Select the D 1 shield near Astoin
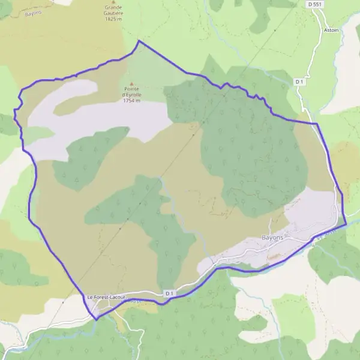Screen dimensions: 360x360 click(300, 80)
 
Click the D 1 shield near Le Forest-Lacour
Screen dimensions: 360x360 click(169, 293)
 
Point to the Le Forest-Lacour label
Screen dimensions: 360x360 click(105, 297)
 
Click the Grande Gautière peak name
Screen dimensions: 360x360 click(113, 12)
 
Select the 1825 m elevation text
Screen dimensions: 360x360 click(113, 19)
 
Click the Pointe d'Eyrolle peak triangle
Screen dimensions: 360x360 click(131, 85)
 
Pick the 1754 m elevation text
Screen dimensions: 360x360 click(131, 101)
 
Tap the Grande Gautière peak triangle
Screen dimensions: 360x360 click(114, 2)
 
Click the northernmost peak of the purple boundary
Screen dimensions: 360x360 click(139, 40)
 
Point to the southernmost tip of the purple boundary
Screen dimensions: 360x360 click(96, 320)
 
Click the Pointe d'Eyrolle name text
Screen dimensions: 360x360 click(131, 92)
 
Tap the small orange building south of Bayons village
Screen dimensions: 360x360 click(273, 256)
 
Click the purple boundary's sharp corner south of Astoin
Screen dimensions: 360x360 click(316, 124)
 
